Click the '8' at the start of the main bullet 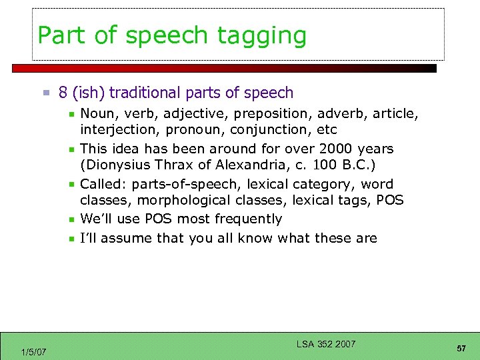click(63, 93)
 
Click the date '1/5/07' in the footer click(33, 351)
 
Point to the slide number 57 click(461, 349)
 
